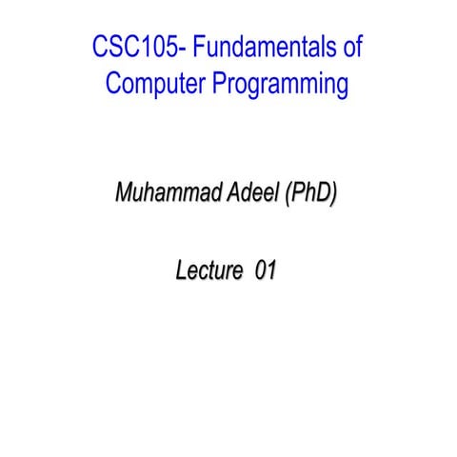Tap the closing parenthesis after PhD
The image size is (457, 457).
(x=333, y=193)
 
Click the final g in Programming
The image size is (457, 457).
(x=342, y=88)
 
